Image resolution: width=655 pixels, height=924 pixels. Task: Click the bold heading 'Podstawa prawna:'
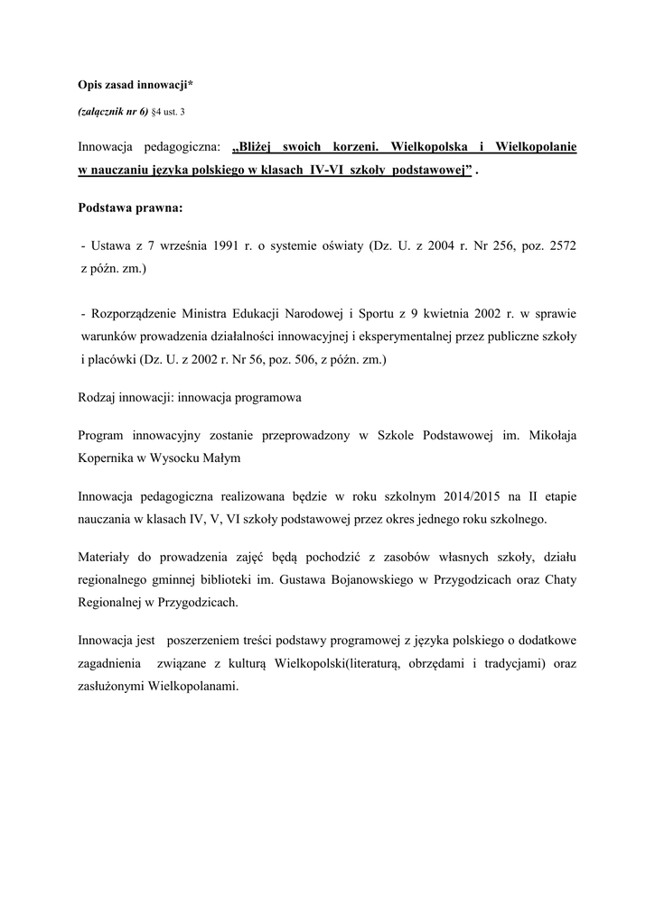coord(130,208)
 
